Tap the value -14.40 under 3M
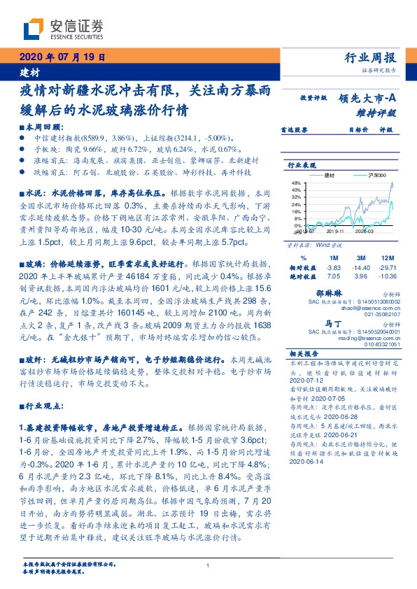click(362, 267)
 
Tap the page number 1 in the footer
click(208, 565)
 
